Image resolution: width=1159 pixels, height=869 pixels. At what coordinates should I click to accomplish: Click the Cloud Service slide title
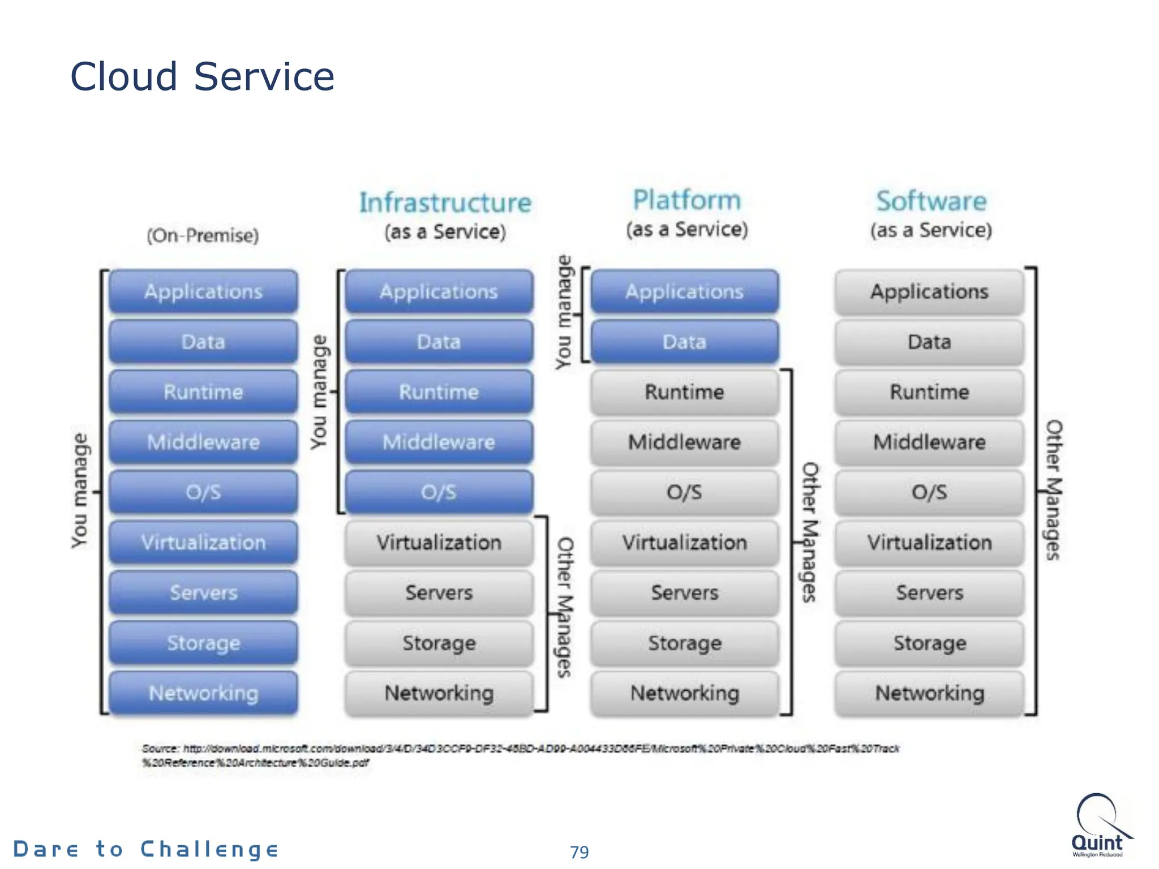(202, 76)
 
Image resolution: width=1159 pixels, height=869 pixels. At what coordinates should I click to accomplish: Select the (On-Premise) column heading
(203, 235)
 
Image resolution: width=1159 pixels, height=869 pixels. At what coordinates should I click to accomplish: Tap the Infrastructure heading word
(445, 203)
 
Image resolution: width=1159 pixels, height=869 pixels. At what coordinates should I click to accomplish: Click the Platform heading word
(686, 200)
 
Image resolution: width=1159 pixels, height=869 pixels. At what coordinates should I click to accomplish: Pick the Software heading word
(931, 201)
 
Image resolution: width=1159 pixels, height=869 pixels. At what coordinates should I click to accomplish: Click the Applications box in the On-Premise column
(203, 291)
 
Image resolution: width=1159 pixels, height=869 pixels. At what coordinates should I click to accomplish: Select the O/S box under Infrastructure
(439, 492)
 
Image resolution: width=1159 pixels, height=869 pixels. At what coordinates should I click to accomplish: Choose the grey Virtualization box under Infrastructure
(439, 542)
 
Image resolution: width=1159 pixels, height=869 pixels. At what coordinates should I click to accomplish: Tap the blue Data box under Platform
(684, 341)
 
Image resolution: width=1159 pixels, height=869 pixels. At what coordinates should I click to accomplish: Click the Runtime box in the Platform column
(684, 392)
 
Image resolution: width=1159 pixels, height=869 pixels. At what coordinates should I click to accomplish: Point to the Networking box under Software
(929, 692)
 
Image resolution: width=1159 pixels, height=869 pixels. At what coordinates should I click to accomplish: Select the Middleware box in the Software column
(929, 442)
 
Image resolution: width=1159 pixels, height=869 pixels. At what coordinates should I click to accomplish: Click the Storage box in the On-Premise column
(203, 643)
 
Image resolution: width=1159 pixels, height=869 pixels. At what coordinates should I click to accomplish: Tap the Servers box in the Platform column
(684, 592)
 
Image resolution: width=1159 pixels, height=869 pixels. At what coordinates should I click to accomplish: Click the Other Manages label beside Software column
(1053, 490)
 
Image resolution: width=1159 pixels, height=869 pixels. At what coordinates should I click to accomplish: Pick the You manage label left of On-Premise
(80, 491)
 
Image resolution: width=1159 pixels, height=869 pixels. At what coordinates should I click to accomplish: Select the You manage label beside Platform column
(564, 312)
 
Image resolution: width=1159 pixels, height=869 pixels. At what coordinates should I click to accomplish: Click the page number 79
(579, 851)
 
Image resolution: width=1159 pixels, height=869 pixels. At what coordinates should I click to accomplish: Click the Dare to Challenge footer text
(146, 849)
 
